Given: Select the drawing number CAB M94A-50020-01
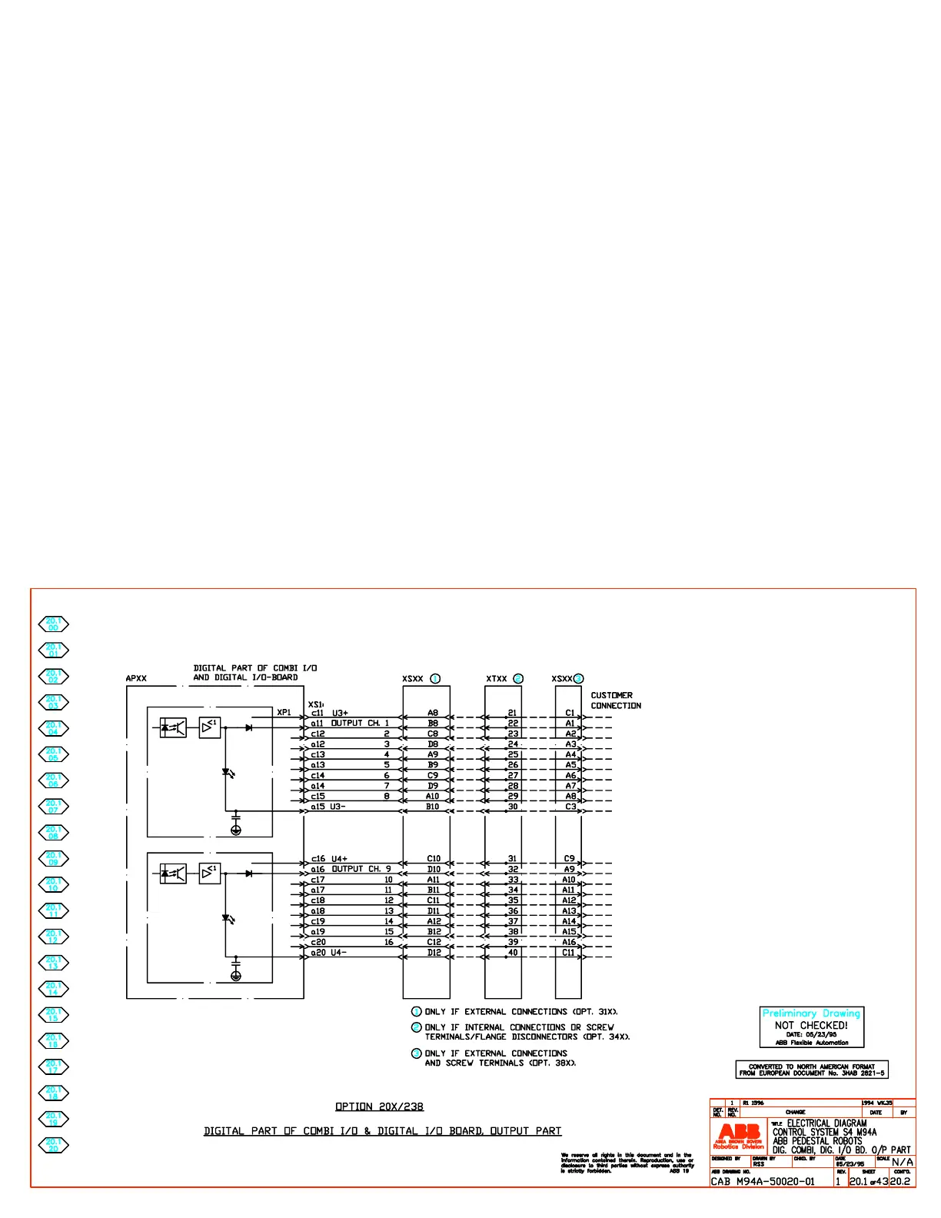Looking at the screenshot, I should coord(762,1181).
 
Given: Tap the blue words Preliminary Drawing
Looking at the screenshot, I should coord(811,1013).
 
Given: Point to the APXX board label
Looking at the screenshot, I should coord(136,679).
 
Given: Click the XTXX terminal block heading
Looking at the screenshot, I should coord(497,679).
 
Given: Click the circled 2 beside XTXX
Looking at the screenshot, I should coord(518,679).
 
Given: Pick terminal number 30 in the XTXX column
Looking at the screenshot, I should coord(513,807).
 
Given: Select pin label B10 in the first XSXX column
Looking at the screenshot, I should coord(433,807).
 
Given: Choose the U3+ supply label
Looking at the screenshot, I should coord(340,714).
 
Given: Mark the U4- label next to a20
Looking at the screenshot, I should coord(339,953).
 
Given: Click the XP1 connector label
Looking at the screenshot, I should coord(284,713).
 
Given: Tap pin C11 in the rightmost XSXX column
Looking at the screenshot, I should coord(568,953).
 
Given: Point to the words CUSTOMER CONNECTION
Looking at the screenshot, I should coord(615,701).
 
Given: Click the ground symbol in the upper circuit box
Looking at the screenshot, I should coord(236,830).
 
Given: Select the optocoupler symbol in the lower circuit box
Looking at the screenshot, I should coord(173,874).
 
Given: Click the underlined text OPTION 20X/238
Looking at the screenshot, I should coord(379,1107).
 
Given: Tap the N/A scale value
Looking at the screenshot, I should coord(903,1162).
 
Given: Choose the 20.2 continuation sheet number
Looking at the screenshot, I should coord(900,1181).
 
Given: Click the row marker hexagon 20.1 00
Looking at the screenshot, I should coord(53,624).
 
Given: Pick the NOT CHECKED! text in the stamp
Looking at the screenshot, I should coord(811,1025).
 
